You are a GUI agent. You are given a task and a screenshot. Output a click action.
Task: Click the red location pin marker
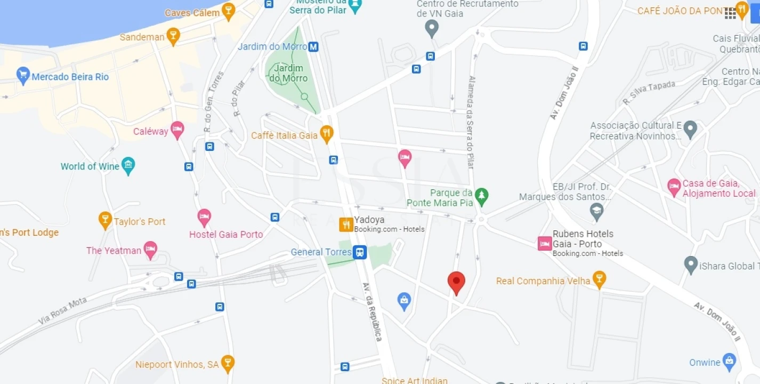click(x=456, y=281)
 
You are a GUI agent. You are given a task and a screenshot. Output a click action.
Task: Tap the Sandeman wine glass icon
click(x=173, y=36)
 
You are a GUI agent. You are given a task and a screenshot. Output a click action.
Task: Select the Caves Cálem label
click(x=192, y=13)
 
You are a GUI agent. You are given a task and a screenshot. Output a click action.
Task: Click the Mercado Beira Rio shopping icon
click(x=23, y=76)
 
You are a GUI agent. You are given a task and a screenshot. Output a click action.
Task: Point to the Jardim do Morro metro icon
click(x=313, y=47)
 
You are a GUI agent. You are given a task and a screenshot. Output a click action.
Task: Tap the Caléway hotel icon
click(x=177, y=130)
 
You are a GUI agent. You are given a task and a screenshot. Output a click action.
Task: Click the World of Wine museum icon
click(x=128, y=165)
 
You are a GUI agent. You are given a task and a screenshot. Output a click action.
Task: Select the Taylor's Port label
click(x=140, y=221)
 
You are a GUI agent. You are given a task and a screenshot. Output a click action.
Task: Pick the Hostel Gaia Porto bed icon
click(x=204, y=217)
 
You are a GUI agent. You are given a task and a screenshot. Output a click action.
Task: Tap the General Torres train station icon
click(x=360, y=252)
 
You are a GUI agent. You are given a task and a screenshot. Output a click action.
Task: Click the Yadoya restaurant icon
click(x=346, y=225)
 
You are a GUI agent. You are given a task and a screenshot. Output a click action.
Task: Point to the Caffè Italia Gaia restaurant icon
click(x=326, y=134)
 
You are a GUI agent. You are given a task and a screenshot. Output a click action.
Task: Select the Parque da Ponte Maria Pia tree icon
click(x=481, y=196)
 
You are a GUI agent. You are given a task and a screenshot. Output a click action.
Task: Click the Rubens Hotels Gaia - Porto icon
click(x=545, y=244)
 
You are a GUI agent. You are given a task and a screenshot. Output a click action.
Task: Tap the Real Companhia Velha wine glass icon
click(x=600, y=279)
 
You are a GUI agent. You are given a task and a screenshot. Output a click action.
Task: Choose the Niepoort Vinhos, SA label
click(x=177, y=365)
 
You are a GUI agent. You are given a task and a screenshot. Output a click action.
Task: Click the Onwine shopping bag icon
click(x=729, y=361)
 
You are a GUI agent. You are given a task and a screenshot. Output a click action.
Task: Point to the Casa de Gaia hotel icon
click(x=674, y=187)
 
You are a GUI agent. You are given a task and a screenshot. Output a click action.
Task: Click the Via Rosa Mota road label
click(x=62, y=311)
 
